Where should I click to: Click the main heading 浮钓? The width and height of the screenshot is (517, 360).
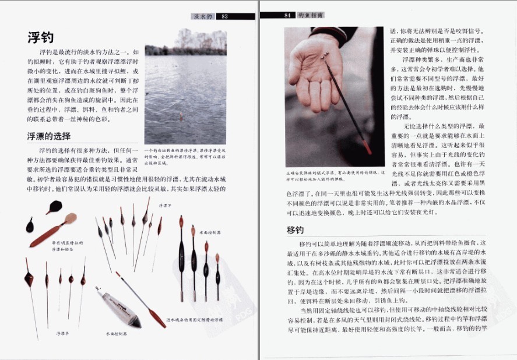(41, 38)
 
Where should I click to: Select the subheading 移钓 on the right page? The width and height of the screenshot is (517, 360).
(296, 230)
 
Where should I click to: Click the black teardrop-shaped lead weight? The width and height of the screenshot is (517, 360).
(30, 224)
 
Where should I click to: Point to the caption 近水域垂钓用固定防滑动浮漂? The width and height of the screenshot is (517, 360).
(194, 320)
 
